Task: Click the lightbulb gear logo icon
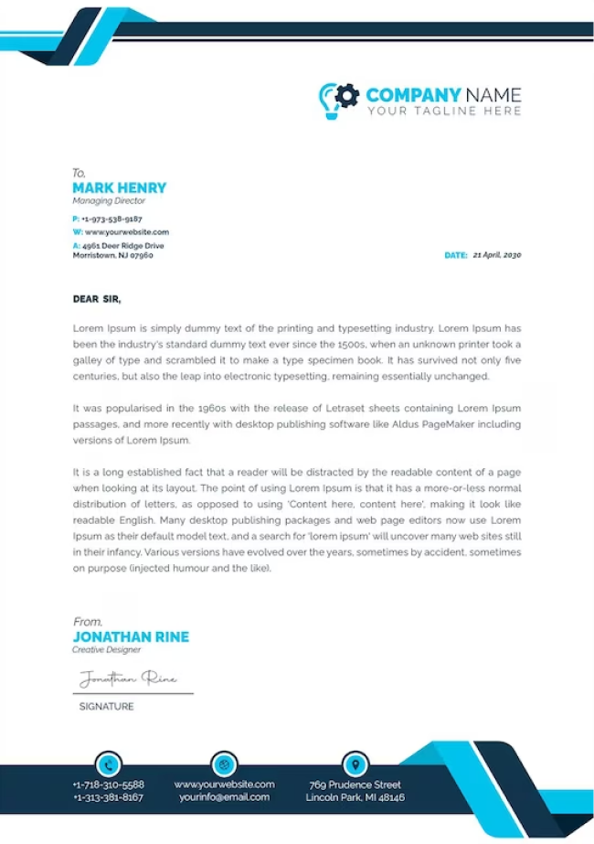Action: [338, 99]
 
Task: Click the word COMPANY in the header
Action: [412, 95]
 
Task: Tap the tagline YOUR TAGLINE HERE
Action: [444, 112]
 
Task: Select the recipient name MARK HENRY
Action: [119, 187]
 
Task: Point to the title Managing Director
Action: [109, 201]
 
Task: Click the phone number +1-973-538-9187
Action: [111, 219]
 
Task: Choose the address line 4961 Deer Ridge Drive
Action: [123, 246]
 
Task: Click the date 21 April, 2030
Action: [496, 255]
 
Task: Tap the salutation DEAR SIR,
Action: [97, 299]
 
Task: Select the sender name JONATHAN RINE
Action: [131, 636]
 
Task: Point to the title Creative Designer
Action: [107, 650]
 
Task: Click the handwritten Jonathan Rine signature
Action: [128, 678]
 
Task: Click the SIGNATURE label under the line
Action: [106, 707]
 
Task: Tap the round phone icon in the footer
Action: [108, 764]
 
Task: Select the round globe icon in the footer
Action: [224, 764]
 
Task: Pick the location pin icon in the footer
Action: [355, 764]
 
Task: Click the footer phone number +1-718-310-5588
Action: [108, 785]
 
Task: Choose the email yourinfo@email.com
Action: [224, 797]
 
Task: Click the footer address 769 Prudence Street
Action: [355, 785]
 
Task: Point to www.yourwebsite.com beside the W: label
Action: [126, 232]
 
